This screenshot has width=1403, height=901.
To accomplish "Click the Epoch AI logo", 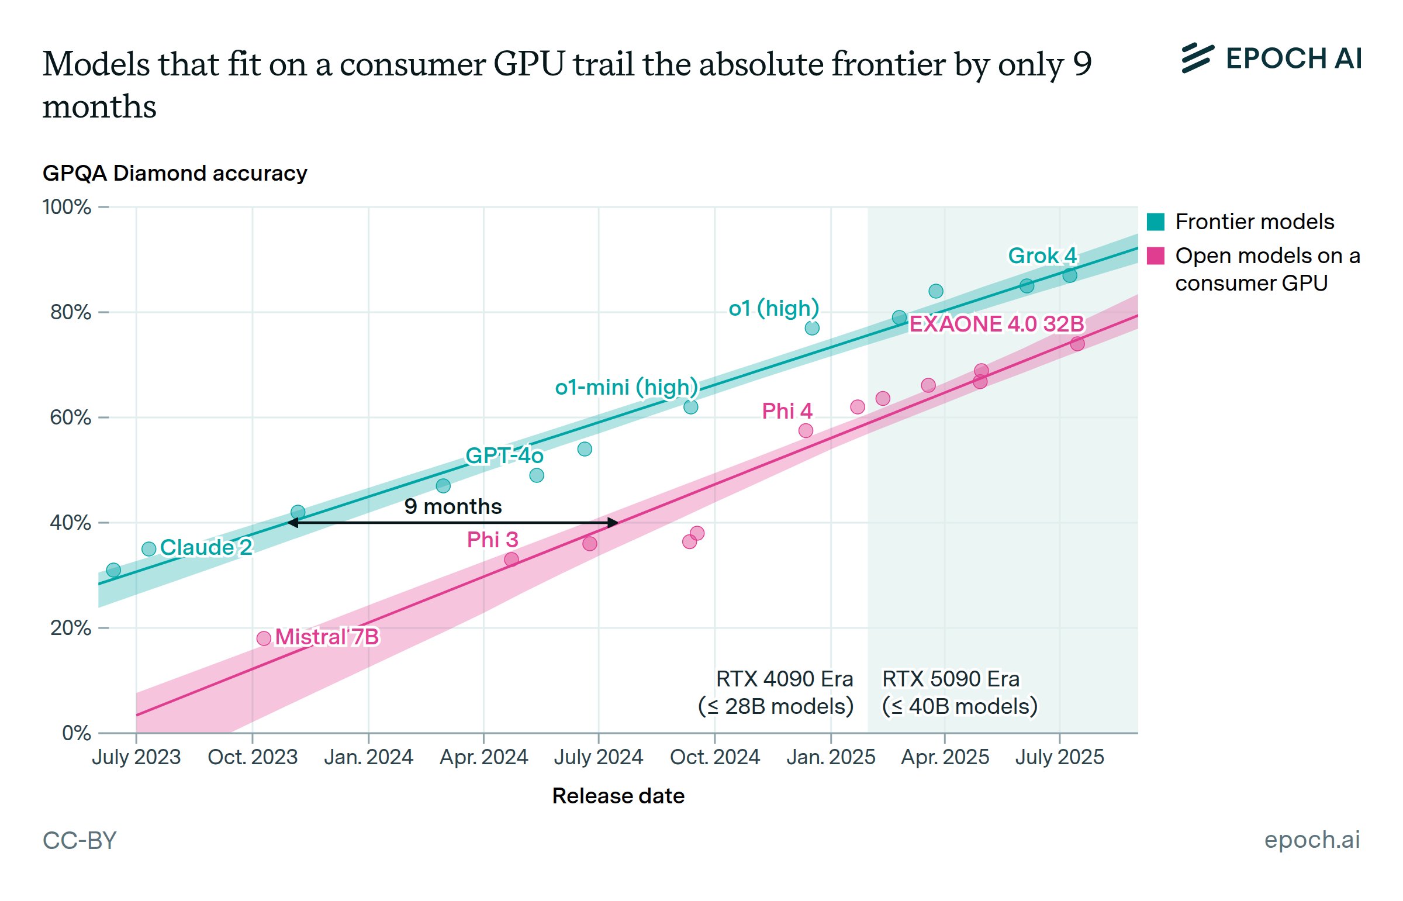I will (x=1270, y=58).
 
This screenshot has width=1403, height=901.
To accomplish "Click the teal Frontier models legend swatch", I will (x=1156, y=222).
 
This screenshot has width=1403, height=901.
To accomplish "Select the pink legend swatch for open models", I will (x=1156, y=256).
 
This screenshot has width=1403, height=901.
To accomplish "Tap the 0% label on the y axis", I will (x=77, y=733).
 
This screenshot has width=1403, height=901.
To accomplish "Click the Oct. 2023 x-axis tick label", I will (x=253, y=757).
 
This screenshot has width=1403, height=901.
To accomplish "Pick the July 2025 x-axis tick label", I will (x=1059, y=757).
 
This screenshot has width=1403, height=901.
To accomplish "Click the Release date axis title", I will (x=618, y=796).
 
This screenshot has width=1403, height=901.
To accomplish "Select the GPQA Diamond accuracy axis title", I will (x=175, y=173).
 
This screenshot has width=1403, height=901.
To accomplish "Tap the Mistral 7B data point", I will (x=264, y=638).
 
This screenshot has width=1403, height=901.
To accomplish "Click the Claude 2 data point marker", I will (x=148, y=549).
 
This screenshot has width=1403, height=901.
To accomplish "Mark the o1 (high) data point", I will (x=812, y=328).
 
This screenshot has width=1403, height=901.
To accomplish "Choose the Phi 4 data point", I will (x=806, y=431).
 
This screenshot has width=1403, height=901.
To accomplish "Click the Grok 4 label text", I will (x=1042, y=256).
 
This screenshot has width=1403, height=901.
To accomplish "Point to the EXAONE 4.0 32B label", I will (x=996, y=324).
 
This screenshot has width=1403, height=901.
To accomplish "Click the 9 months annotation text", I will (x=452, y=507).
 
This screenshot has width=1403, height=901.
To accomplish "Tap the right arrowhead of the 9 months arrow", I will (x=613, y=523).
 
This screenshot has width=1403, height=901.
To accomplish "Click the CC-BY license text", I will (x=80, y=841).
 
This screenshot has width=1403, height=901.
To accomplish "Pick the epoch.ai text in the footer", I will (x=1312, y=840).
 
